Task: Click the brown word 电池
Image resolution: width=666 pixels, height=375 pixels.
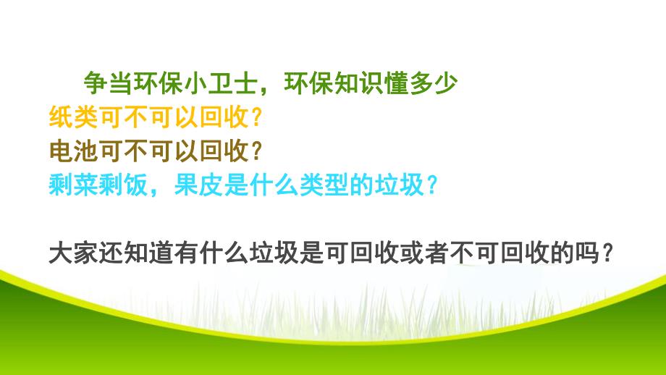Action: click(x=71, y=150)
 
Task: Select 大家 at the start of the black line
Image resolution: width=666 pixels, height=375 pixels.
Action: click(x=71, y=254)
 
